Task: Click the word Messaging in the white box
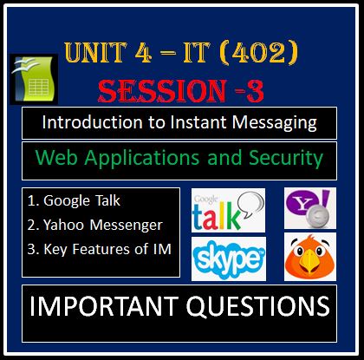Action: coord(270,122)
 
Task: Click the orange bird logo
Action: coord(309,258)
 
